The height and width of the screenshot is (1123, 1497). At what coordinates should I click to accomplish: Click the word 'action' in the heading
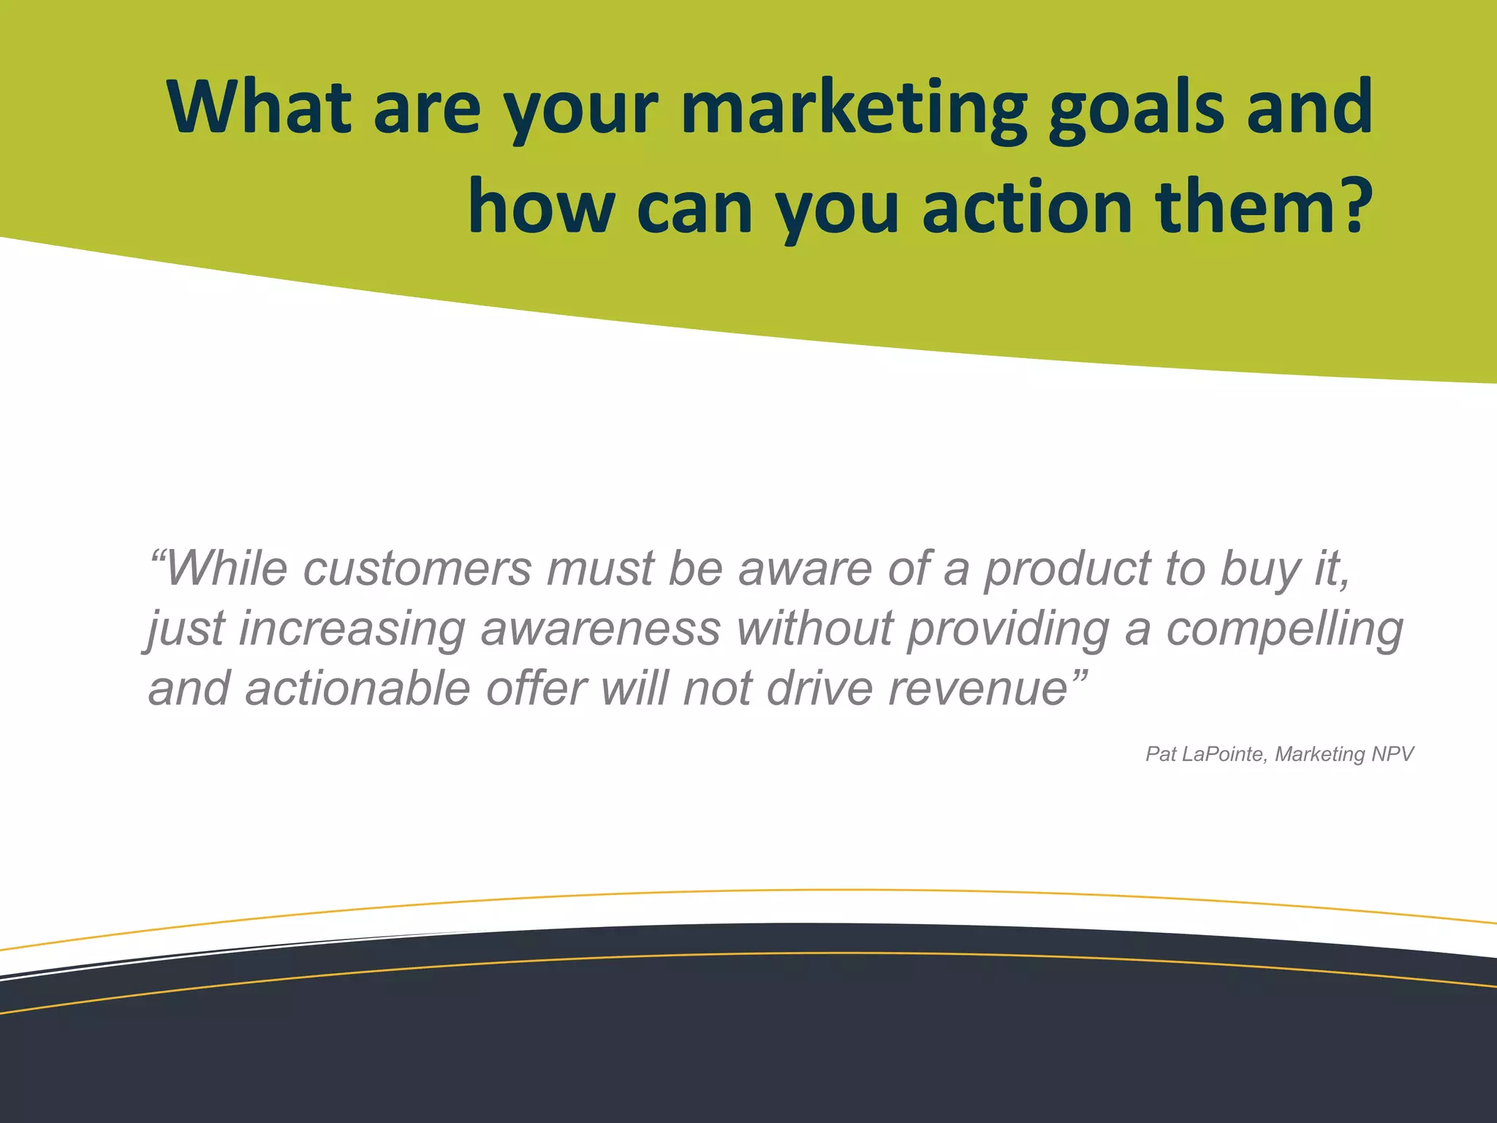1027,208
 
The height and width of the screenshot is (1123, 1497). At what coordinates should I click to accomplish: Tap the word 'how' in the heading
541,208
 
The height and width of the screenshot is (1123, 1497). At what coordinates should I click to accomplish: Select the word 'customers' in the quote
417,569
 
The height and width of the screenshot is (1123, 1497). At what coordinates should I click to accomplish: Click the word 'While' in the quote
227,569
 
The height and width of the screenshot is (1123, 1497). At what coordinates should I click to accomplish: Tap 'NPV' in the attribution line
1392,754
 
